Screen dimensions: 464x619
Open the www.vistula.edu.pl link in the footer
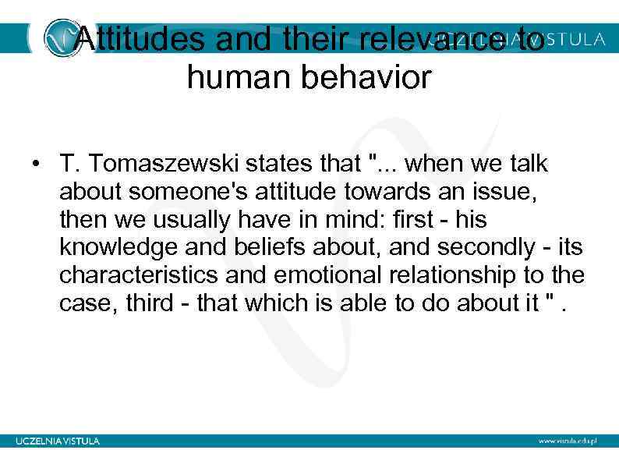click(x=568, y=441)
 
